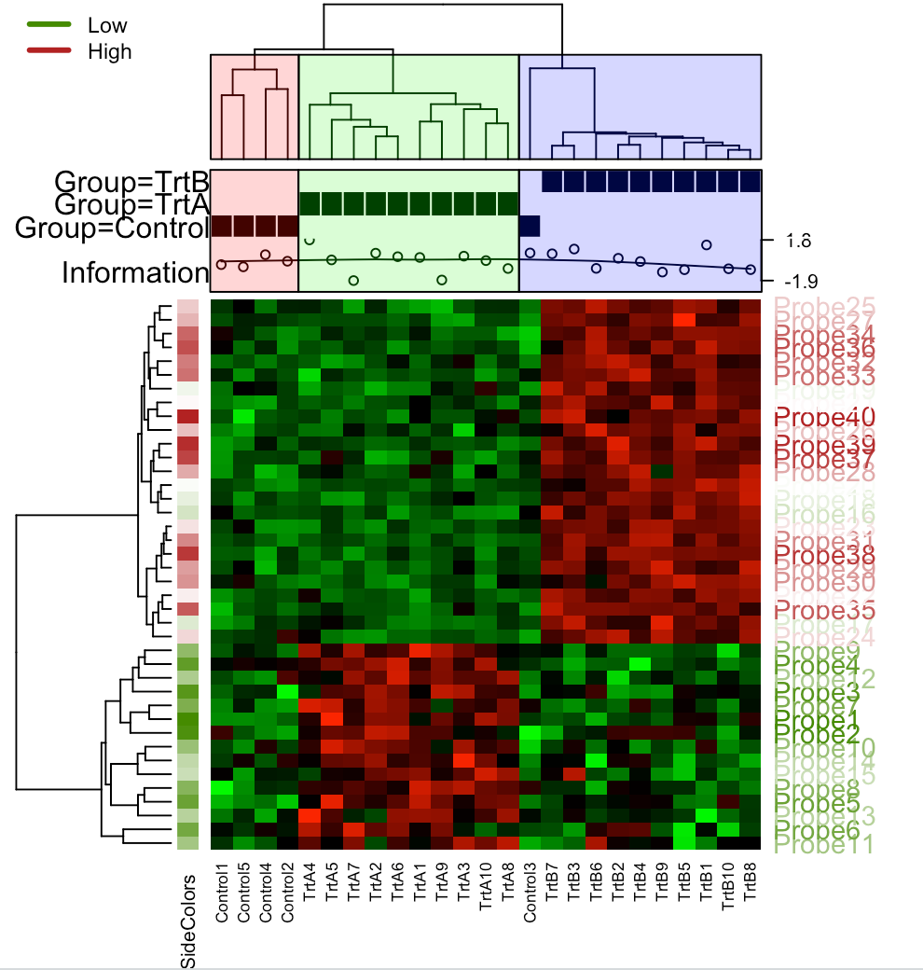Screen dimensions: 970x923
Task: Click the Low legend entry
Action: click(106, 25)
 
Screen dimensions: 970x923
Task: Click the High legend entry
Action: click(109, 51)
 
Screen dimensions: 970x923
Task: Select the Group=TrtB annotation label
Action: click(131, 180)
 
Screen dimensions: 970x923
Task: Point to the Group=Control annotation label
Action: click(111, 227)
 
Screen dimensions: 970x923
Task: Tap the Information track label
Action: click(134, 273)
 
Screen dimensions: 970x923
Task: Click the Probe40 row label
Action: click(823, 415)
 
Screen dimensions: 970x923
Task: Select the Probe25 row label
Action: click(824, 306)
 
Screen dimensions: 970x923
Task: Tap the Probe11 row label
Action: click(824, 845)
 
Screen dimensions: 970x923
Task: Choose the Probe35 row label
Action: click(823, 611)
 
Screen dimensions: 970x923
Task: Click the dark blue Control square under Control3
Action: click(530, 226)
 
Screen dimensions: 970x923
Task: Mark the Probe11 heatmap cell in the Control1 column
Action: click(221, 843)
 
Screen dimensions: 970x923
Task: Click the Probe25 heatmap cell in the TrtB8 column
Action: click(751, 306)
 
